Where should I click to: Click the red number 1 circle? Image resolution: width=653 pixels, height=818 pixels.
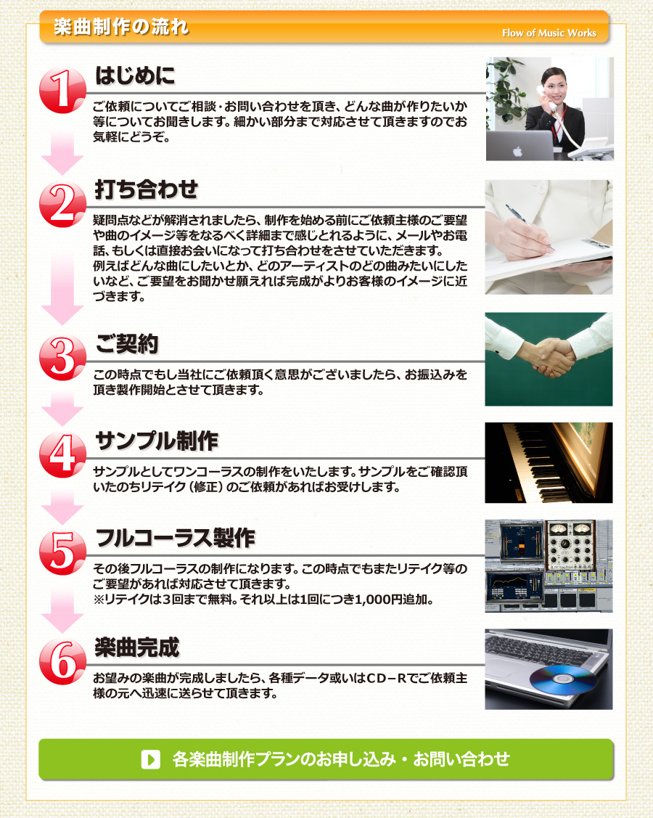[62, 90]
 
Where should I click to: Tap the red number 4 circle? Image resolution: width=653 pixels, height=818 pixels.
[62, 454]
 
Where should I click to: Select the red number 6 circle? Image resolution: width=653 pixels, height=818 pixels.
[62, 661]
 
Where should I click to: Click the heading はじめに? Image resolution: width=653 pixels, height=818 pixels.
[135, 75]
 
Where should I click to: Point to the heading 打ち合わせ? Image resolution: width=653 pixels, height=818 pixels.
[147, 189]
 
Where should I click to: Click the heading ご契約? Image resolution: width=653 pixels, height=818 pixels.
[127, 343]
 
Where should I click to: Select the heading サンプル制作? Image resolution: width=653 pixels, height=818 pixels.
[157, 441]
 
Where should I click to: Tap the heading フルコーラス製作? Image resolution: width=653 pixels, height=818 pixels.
[176, 538]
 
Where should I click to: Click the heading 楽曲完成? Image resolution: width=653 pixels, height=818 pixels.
[137, 647]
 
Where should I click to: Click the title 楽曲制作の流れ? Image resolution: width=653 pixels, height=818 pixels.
[121, 27]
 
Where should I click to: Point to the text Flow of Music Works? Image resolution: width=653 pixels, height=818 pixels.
[549, 33]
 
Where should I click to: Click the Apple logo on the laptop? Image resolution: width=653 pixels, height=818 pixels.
[517, 151]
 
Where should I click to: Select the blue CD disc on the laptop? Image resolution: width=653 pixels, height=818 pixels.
[563, 679]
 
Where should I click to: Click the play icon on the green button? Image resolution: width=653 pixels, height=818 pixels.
[151, 759]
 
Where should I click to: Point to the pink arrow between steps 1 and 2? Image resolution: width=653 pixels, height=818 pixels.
[62, 153]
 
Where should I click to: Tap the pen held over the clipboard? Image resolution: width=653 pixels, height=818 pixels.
[530, 228]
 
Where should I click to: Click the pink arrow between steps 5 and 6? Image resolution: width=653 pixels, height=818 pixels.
[62, 611]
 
